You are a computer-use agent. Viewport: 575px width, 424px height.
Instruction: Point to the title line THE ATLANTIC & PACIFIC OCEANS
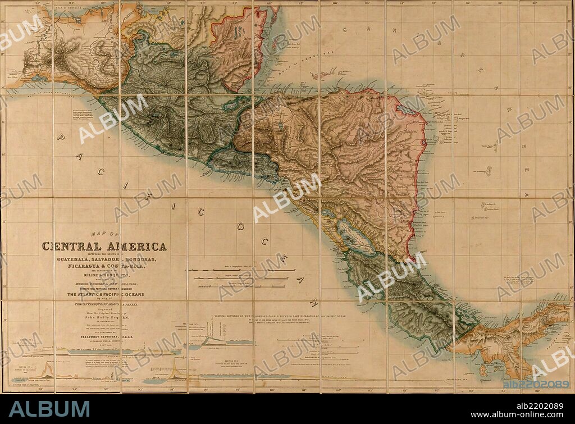[x=106, y=294]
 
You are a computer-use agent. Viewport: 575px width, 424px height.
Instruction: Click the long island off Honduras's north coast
[x=326, y=75]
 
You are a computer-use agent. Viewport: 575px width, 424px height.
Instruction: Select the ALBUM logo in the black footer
[x=49, y=408]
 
